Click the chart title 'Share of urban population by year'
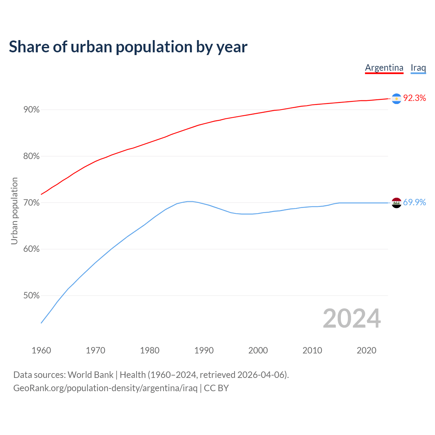[128, 47]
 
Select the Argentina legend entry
[384, 68]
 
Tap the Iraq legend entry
[418, 68]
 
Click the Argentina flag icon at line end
[396, 99]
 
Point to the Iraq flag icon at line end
[396, 203]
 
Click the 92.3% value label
[414, 98]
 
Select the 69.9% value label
[414, 203]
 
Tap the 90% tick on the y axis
[31, 110]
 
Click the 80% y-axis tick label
[31, 156]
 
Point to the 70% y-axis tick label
[31, 203]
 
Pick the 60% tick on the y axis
[31, 249]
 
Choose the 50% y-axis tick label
[31, 296]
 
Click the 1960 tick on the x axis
[41, 350]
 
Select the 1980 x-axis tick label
[150, 350]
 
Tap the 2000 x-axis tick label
[258, 350]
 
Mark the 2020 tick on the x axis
[366, 350]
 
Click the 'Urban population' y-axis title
[14, 211]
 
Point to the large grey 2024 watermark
[351, 318]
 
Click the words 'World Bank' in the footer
[90, 375]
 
